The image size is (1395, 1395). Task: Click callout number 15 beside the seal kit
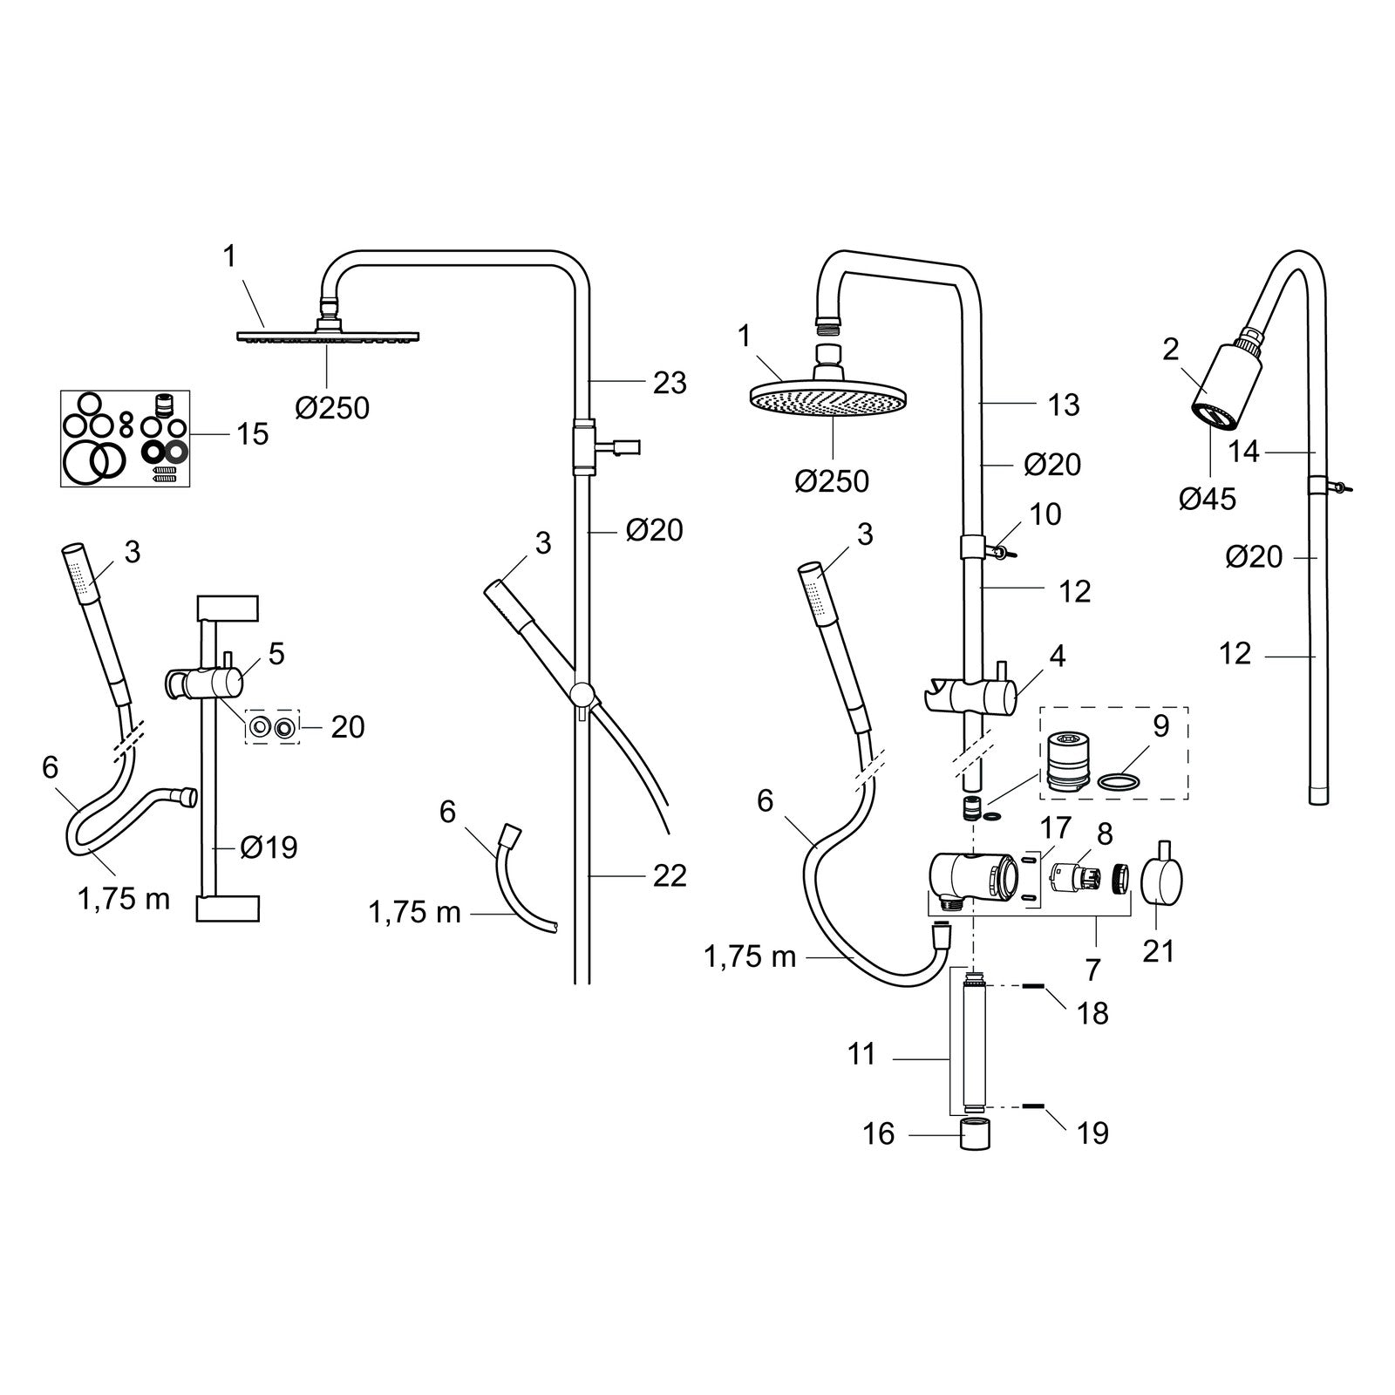coord(253,434)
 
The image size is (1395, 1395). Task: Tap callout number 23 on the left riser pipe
coord(670,383)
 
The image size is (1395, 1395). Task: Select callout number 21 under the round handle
coord(1159,950)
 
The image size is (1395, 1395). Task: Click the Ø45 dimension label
coord(1208,499)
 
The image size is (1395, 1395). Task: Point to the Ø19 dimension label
coord(269,847)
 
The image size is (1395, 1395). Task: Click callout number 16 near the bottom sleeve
coord(879,1133)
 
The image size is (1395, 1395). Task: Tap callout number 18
coord(1092,1013)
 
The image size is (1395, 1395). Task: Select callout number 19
coord(1092,1133)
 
